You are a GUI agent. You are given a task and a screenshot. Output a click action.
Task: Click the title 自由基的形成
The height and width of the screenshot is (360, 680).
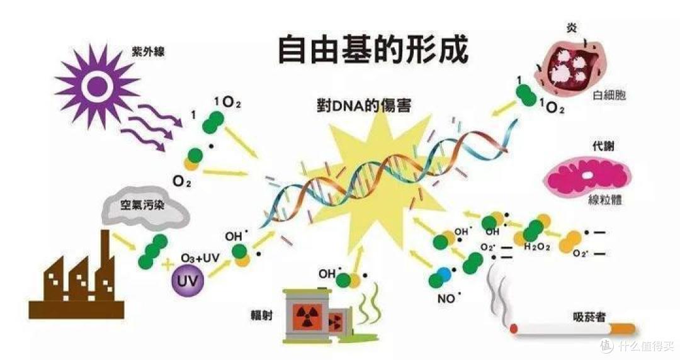pyautogui.click(x=373, y=50)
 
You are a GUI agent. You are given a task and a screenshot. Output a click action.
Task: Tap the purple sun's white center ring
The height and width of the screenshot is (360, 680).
pyautogui.click(x=97, y=86)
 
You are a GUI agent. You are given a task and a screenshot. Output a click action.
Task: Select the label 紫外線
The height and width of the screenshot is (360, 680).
pyautogui.click(x=148, y=53)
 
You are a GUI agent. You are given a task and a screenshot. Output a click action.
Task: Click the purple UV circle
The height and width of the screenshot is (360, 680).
pyautogui.click(x=188, y=280)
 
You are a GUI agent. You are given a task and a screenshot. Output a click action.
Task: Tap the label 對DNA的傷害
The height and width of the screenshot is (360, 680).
pyautogui.click(x=363, y=105)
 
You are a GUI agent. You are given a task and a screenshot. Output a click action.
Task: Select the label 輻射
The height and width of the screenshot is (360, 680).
pyautogui.click(x=261, y=315)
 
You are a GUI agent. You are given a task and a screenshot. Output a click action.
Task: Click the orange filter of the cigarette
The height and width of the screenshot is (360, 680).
pyautogui.click(x=623, y=329)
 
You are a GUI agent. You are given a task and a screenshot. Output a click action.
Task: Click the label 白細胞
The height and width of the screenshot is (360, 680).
pyautogui.click(x=609, y=96)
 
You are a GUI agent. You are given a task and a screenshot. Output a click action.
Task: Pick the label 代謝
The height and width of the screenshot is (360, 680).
pyautogui.click(x=603, y=146)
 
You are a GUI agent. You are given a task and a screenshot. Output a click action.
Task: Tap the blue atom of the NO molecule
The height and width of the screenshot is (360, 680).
pyautogui.click(x=444, y=274)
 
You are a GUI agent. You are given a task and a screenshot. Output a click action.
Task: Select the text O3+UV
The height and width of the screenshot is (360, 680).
pyautogui.click(x=200, y=259)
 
